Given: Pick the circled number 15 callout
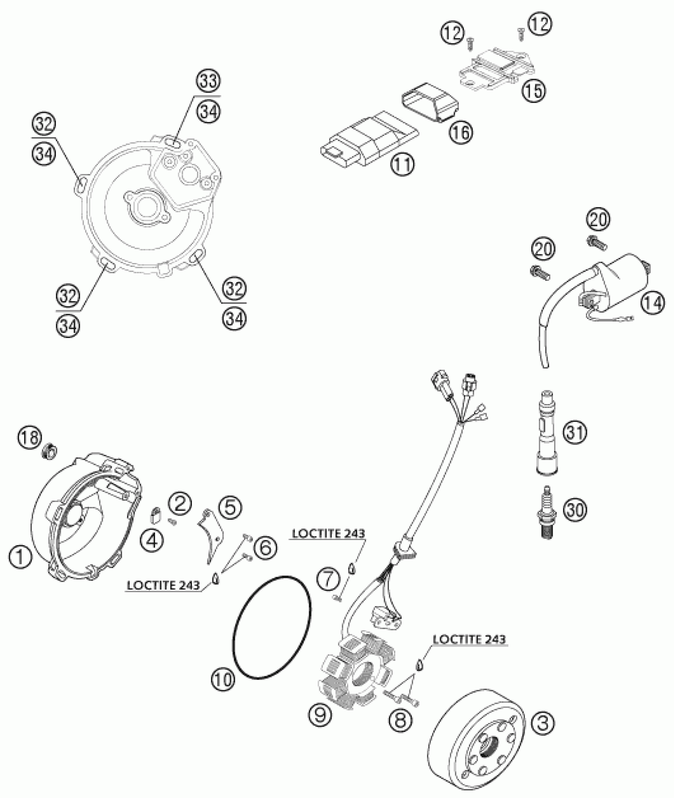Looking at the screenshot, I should [x=534, y=90].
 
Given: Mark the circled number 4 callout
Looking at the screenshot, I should [x=153, y=540].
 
